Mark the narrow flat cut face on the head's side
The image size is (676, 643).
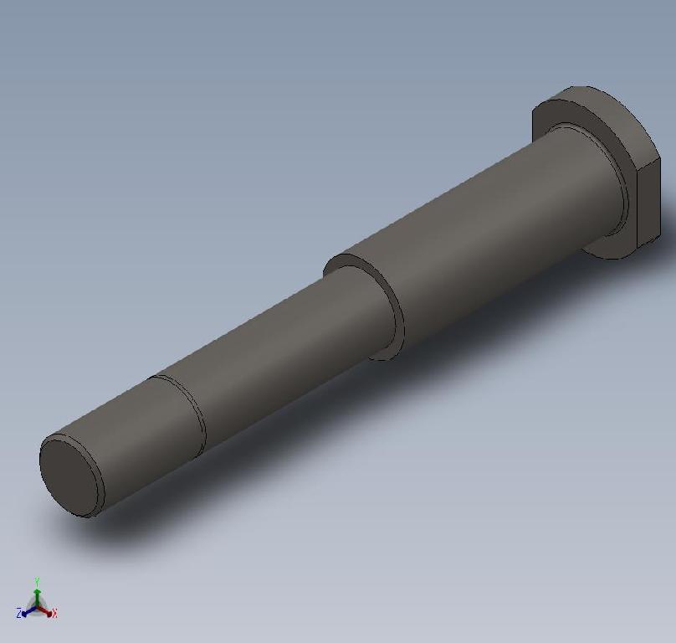point(648,205)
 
